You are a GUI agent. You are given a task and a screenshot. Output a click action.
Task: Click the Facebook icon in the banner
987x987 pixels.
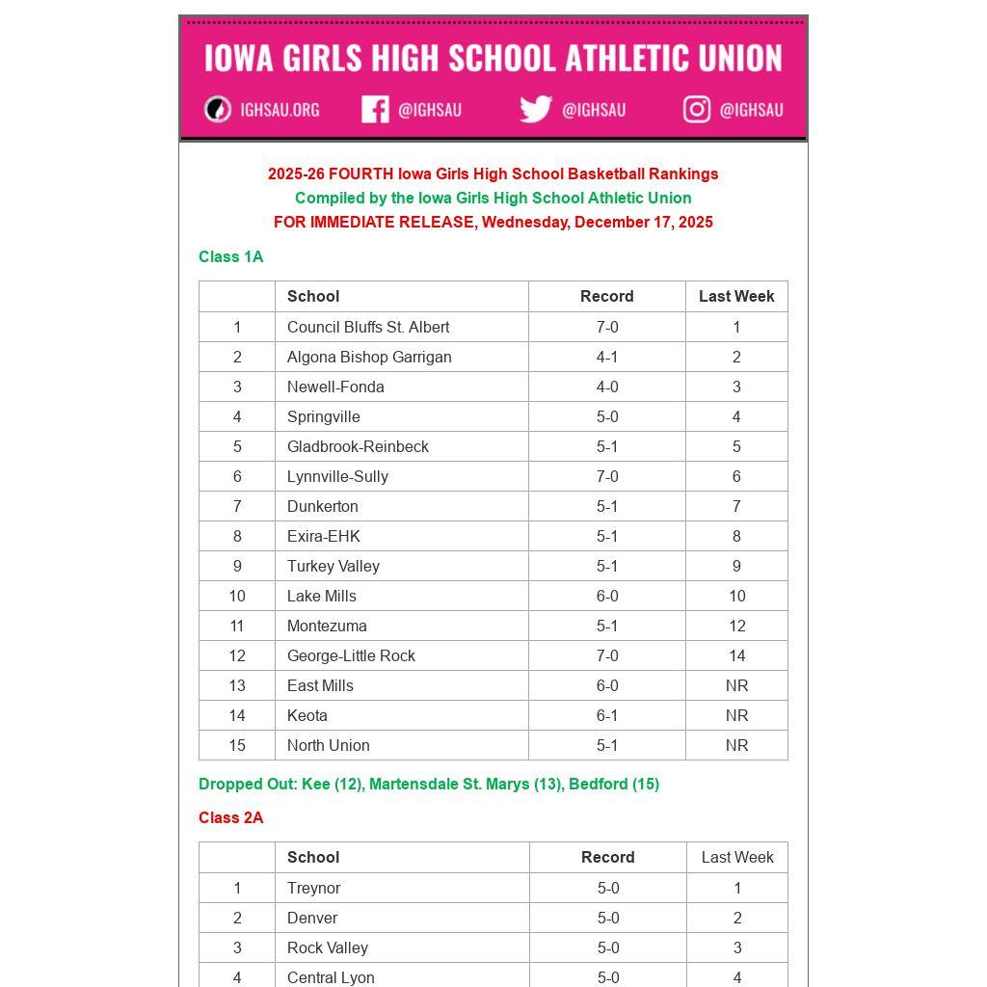coord(375,109)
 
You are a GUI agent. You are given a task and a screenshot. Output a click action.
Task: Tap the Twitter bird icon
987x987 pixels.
coord(535,109)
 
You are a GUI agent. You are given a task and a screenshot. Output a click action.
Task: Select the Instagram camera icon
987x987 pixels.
coord(697,109)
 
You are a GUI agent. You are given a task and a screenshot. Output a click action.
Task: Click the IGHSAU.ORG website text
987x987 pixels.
coord(280,110)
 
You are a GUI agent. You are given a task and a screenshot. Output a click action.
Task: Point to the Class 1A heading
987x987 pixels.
coord(230,256)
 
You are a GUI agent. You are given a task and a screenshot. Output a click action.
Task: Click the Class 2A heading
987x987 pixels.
coord(230,817)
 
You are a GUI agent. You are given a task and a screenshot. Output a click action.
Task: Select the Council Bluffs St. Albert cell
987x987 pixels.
coord(367,327)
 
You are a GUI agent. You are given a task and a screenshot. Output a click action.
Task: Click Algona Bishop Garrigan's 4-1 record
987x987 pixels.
coord(607,357)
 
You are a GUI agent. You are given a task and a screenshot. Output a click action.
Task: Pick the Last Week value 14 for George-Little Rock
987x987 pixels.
coord(736,655)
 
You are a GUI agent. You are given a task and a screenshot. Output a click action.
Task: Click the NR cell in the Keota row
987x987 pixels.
coord(736,715)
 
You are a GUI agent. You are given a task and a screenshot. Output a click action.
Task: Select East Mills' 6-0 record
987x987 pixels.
coord(607,685)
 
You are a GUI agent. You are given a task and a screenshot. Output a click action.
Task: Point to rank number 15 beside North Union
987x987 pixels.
coord(237,745)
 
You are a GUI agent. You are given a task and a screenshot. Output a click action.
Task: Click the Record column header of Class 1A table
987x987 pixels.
coord(607,296)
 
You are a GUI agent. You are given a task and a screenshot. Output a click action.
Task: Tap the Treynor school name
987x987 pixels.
coord(313,888)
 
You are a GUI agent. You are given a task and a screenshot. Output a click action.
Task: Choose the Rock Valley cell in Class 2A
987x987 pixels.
coord(327,947)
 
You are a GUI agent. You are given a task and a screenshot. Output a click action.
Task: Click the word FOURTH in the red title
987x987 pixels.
coord(360,174)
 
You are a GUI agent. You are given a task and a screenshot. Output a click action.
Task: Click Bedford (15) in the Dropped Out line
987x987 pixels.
coord(614,784)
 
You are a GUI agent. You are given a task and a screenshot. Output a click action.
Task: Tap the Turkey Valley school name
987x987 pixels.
coord(333,566)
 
